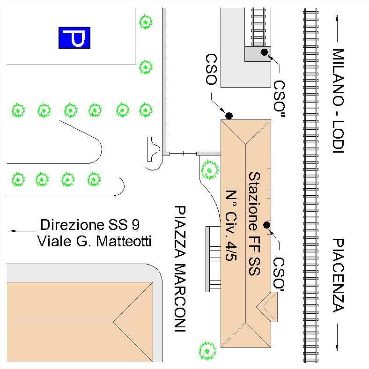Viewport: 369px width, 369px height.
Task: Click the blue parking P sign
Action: [x=74, y=37]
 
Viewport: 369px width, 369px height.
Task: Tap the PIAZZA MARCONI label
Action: [x=180, y=268]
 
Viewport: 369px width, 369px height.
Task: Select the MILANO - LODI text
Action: [x=339, y=101]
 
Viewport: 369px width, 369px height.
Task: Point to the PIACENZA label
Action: [x=339, y=275]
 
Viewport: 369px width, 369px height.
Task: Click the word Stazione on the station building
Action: [x=254, y=201]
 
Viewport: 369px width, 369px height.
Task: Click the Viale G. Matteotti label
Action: [x=94, y=241]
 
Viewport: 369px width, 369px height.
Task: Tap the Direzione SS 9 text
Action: [x=89, y=224]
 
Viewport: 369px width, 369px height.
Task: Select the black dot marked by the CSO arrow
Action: [x=229, y=116]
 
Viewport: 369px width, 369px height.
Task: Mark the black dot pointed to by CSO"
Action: [x=264, y=52]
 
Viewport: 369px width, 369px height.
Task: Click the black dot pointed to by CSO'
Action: [x=266, y=225]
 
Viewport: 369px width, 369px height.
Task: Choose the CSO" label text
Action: [x=280, y=99]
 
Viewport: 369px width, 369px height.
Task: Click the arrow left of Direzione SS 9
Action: [x=22, y=231]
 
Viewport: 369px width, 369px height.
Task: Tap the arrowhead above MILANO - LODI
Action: [x=337, y=18]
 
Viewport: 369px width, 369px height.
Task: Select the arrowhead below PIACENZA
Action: [x=337, y=347]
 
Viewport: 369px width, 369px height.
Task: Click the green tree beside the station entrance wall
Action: [x=209, y=170]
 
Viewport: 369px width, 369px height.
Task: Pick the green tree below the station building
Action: [x=207, y=351]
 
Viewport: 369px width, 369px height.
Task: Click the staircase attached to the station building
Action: [x=213, y=259]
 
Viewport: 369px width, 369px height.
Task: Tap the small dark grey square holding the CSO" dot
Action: [x=258, y=54]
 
